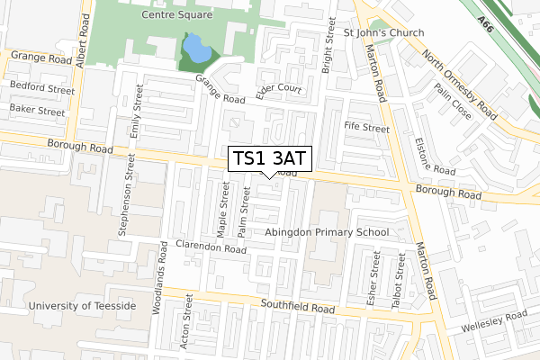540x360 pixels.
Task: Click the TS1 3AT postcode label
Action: pos(270,158)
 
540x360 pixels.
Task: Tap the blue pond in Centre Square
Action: pos(192,49)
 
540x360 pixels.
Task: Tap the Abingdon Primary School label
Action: pos(328,232)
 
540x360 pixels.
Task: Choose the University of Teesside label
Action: pos(82,306)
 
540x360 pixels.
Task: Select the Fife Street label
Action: pos(366,129)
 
